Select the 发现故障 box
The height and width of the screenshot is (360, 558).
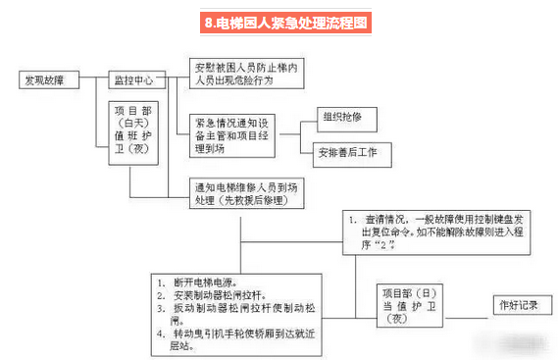(x=48, y=79)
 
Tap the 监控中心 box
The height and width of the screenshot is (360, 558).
(x=135, y=79)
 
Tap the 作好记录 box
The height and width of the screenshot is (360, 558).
(x=518, y=305)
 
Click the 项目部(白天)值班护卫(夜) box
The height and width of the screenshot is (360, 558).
(x=138, y=134)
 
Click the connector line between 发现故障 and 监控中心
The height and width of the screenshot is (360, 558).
(x=95, y=79)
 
